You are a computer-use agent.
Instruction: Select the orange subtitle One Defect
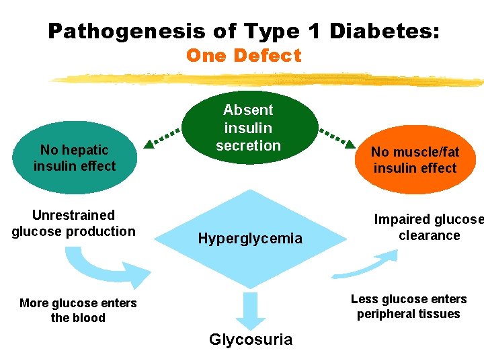243,56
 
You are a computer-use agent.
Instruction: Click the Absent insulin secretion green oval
248,128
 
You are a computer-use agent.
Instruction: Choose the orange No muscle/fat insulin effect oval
415,160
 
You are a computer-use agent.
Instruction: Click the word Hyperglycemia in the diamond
250,239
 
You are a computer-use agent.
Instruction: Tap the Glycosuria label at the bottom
251,339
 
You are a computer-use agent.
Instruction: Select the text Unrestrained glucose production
73,223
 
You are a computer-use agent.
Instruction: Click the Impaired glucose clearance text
429,228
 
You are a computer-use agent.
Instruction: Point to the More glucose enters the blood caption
78,311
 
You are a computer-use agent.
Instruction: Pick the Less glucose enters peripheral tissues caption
409,307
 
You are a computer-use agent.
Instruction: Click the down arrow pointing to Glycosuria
251,309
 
